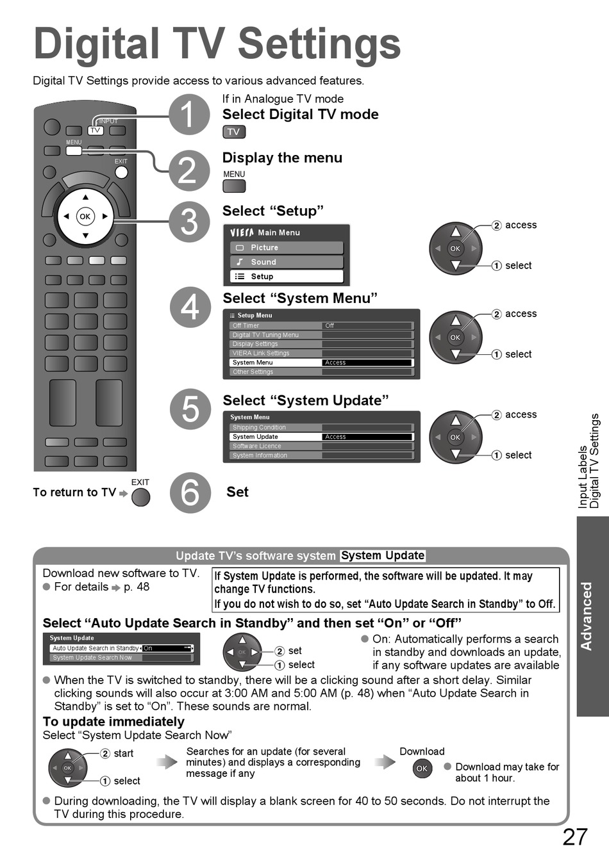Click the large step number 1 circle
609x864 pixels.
click(x=189, y=115)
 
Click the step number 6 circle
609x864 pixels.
click(x=190, y=493)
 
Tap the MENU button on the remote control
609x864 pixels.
click(x=74, y=151)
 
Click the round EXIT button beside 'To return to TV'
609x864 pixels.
click(x=140, y=498)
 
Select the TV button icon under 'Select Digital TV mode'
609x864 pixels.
click(x=234, y=132)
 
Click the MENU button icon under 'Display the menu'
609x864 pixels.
click(x=234, y=186)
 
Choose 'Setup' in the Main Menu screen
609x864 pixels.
click(x=287, y=277)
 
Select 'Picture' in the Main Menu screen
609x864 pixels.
click(x=287, y=248)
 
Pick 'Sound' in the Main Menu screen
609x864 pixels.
click(x=287, y=262)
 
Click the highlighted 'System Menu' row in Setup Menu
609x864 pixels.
click(x=321, y=363)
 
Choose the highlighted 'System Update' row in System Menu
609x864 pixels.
click(x=321, y=437)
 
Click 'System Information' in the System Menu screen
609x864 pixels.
click(x=276, y=455)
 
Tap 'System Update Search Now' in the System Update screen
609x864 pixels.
click(x=93, y=658)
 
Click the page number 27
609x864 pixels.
click(x=574, y=837)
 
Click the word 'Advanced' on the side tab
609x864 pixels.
click(x=587, y=616)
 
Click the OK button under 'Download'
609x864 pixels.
click(x=422, y=769)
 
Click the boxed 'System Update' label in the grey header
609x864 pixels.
click(x=383, y=555)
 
